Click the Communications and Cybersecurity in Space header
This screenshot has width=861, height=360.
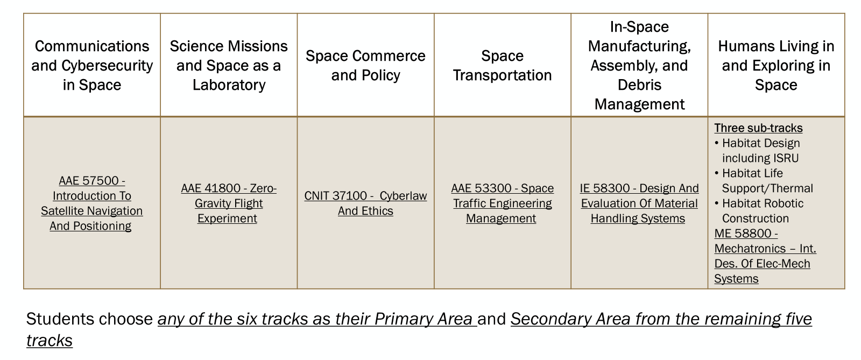[x=92, y=65]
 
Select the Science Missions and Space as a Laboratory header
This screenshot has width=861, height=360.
[x=229, y=65]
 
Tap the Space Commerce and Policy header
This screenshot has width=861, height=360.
[x=365, y=65]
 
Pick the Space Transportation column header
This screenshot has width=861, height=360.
[x=503, y=65]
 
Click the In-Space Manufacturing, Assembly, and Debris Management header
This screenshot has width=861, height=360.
[x=639, y=65]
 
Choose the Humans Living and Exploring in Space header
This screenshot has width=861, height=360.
[x=776, y=65]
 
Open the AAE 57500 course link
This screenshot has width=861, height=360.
[x=92, y=203]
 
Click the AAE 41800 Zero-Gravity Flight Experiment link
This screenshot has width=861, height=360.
[x=229, y=203]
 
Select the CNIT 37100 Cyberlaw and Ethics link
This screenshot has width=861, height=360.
[x=365, y=203]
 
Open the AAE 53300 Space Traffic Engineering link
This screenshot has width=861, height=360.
[x=503, y=203]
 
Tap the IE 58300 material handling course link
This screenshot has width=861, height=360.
[x=639, y=203]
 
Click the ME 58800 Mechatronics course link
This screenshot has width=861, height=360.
[x=765, y=256]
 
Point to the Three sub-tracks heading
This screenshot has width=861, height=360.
[x=758, y=128]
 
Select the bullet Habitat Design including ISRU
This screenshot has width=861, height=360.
[x=757, y=151]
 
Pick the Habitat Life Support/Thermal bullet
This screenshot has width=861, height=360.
[x=764, y=181]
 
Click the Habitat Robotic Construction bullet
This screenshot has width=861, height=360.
[x=759, y=210]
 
